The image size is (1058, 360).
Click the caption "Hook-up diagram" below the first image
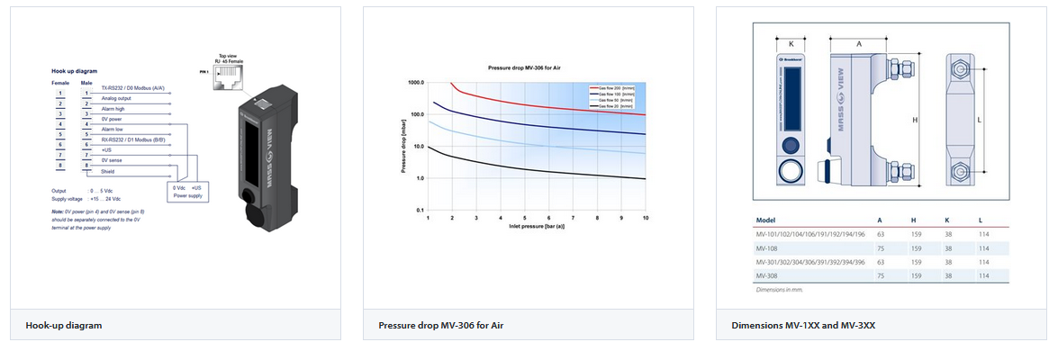click(64, 325)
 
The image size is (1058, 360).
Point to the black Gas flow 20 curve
click(540, 168)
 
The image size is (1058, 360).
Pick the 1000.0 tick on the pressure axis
click(415, 83)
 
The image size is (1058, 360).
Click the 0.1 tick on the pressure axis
click(419, 210)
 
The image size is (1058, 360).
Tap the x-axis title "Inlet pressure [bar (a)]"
click(537, 226)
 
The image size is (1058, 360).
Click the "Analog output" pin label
click(117, 98)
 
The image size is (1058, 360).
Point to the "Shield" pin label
click(108, 171)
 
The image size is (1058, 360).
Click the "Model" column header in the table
click(766, 219)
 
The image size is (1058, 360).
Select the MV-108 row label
click(768, 247)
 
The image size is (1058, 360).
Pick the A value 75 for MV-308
click(880, 275)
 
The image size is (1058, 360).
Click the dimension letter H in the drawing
click(915, 120)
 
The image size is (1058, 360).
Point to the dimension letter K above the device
click(791, 42)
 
